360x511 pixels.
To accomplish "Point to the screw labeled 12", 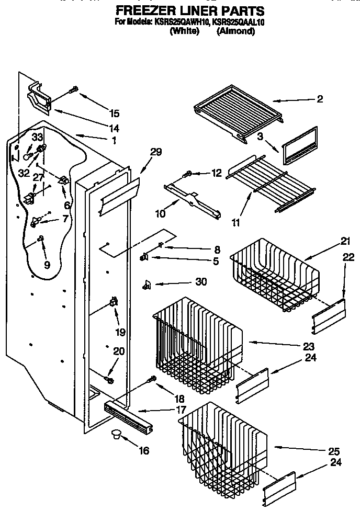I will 187,174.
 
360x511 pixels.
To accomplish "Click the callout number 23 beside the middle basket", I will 308,346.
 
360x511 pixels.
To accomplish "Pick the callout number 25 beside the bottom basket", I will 333,451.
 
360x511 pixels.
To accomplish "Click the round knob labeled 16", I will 116,434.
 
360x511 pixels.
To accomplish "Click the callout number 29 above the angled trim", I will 155,152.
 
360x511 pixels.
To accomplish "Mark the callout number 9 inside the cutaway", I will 47,265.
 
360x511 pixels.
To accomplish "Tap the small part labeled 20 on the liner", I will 109,377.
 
